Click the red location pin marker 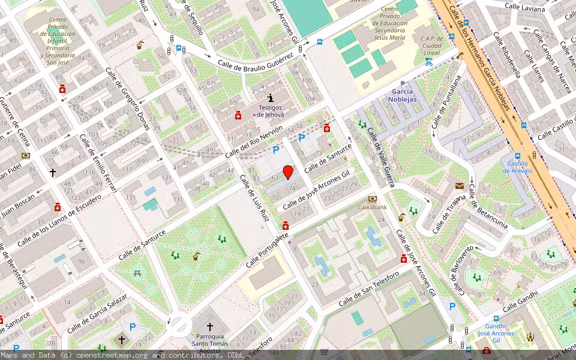(288, 172)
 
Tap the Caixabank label (373, 207)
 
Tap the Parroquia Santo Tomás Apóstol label (210, 344)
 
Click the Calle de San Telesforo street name (369, 289)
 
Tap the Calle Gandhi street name (521, 299)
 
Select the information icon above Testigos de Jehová (271, 97)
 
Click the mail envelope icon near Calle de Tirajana (459, 187)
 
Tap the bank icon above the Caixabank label (373, 198)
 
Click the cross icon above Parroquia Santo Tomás (210, 327)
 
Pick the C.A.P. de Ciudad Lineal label (432, 46)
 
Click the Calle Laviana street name (524, 7)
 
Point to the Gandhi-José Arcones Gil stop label (496, 333)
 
